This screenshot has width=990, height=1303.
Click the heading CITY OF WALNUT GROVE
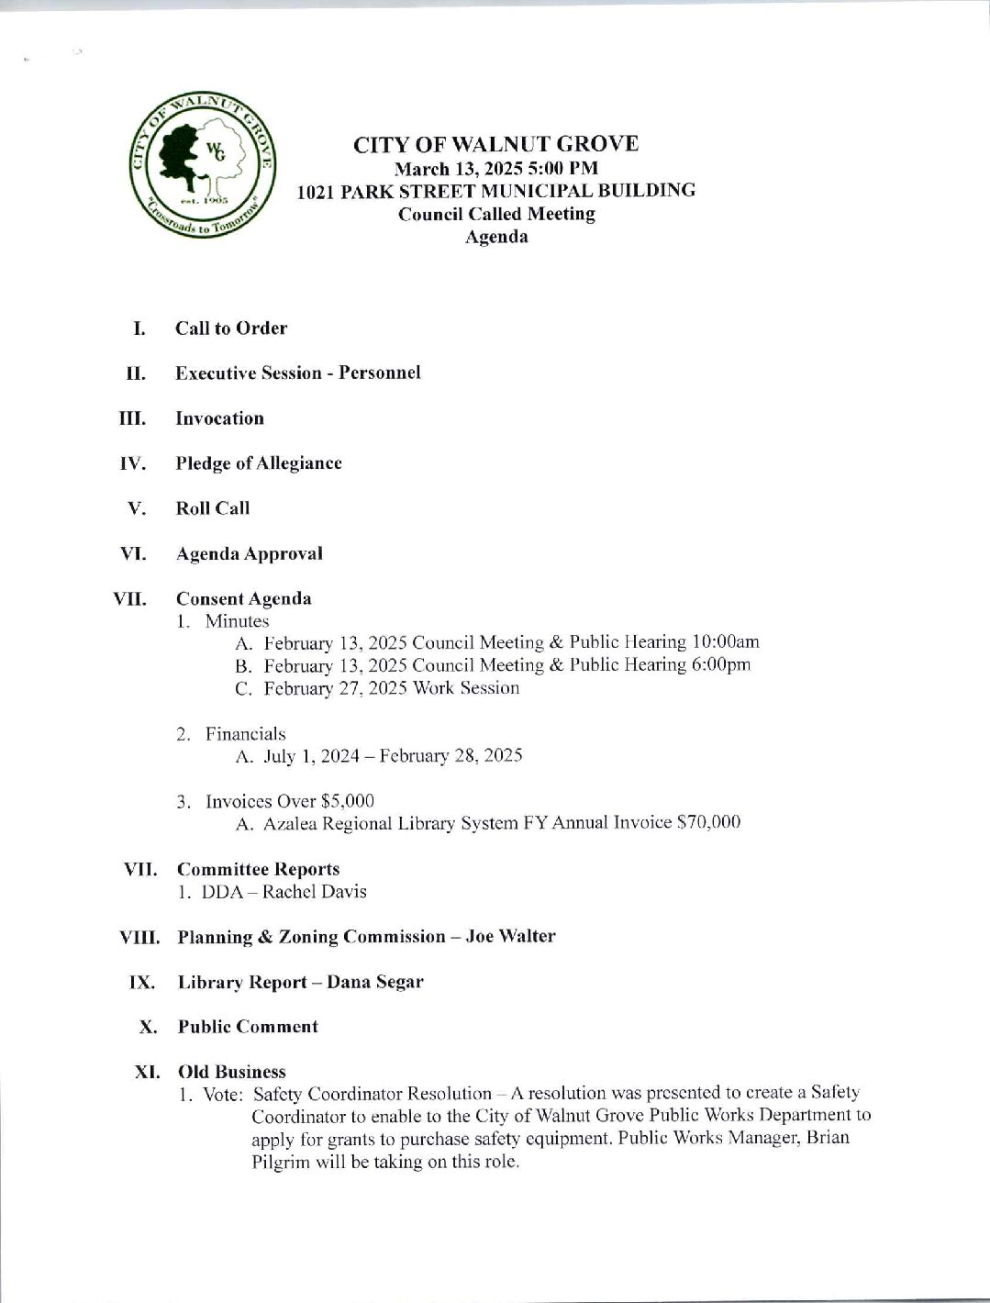(496, 144)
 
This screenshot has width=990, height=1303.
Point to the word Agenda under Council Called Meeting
(496, 237)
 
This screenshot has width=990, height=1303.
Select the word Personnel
(380, 373)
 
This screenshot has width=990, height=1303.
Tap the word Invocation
(219, 418)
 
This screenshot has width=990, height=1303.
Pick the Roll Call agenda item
(212, 508)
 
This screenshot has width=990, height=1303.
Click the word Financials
(245, 734)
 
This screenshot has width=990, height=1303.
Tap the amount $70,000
(707, 823)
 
